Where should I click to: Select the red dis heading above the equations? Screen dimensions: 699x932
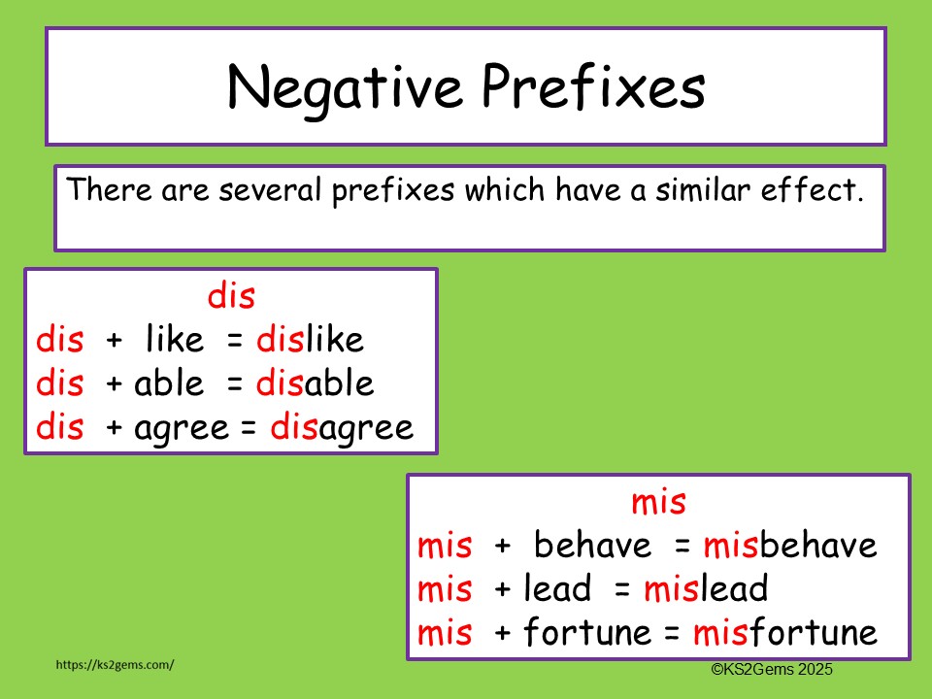click(231, 296)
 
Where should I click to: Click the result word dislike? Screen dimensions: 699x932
click(310, 340)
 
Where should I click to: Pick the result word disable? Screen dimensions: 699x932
click(315, 383)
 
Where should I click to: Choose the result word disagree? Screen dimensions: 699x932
click(341, 427)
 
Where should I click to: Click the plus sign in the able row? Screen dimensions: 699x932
click(115, 384)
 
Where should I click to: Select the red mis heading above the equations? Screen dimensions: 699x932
click(658, 502)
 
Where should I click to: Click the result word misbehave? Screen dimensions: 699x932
click(790, 546)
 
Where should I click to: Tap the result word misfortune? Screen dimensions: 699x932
click(784, 632)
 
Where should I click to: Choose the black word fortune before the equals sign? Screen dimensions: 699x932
click(586, 632)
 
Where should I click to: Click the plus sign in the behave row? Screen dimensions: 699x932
click(503, 547)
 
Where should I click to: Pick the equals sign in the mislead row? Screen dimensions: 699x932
click(622, 589)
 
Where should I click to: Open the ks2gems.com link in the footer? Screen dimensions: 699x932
click(116, 665)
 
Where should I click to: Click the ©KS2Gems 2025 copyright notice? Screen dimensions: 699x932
click(772, 669)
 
